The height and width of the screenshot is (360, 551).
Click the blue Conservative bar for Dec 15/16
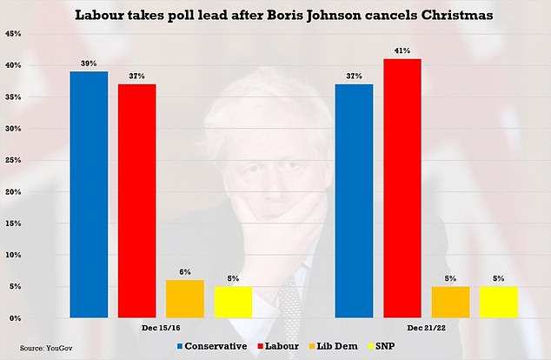click(90, 195)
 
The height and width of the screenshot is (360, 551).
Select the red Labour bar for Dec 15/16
click(137, 201)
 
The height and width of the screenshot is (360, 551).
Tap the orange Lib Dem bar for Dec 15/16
click(185, 299)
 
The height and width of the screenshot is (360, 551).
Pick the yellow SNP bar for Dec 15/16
click(233, 303)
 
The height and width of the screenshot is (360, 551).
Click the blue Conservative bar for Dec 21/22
click(354, 201)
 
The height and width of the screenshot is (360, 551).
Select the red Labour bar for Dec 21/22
click(402, 189)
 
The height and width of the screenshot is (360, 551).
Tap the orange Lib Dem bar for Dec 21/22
click(450, 303)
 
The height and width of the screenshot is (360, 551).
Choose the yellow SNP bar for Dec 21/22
click(497, 303)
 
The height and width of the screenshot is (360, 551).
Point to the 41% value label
click(402, 51)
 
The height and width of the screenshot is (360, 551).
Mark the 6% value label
click(185, 273)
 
